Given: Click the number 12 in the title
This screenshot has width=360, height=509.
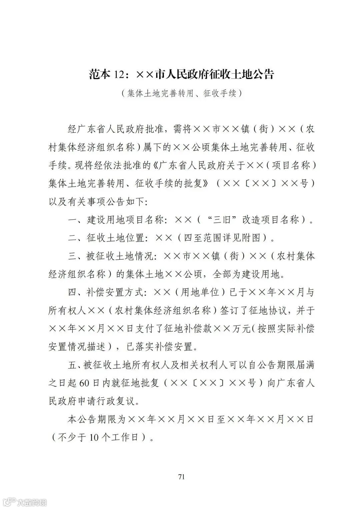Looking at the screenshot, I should [x=120, y=74].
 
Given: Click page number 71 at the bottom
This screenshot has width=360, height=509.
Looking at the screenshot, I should [x=181, y=476].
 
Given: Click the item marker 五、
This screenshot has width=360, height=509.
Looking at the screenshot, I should [x=76, y=365].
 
